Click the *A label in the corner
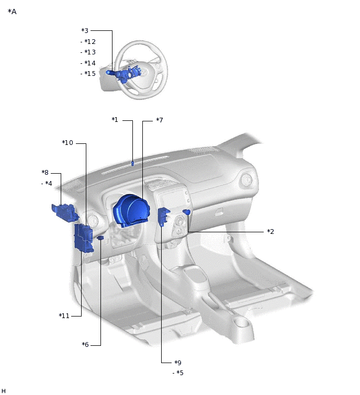point(12,12)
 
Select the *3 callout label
point(85,30)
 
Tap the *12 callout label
point(89,41)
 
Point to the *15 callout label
point(89,74)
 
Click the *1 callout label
point(115,120)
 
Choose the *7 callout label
point(160,120)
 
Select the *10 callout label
point(67,143)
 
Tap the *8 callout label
point(45,173)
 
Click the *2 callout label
point(271,232)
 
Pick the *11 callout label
point(64,316)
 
